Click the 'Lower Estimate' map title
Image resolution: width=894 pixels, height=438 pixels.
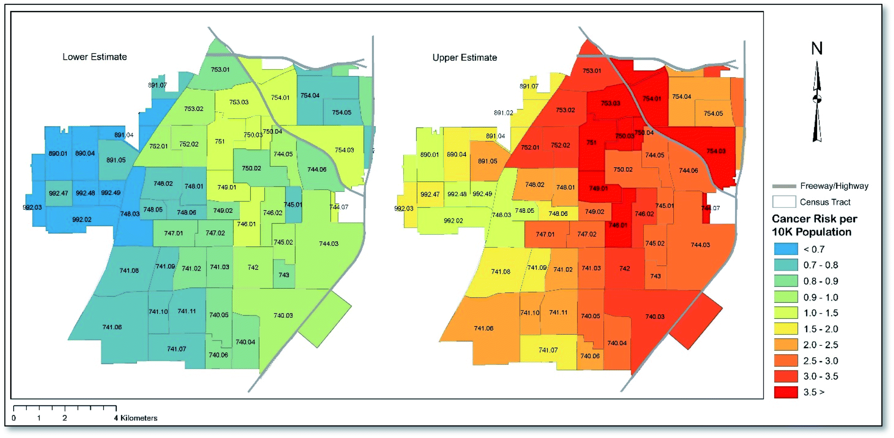[x=94, y=57]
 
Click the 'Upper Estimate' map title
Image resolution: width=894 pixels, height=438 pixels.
[x=465, y=57]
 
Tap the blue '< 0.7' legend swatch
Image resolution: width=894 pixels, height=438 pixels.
[x=786, y=249]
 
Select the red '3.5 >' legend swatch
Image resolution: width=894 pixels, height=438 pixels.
[x=786, y=392]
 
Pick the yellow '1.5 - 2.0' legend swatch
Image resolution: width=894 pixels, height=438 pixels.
[x=786, y=329]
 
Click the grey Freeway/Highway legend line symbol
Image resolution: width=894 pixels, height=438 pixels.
[x=784, y=186]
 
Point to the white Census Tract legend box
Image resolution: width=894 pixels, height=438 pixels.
[x=784, y=202]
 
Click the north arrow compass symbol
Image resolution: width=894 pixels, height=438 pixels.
[x=817, y=101]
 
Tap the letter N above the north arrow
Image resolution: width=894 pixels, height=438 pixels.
[x=817, y=48]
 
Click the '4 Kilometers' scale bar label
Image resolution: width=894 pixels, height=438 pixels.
[x=136, y=418]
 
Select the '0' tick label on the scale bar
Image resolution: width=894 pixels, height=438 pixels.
[x=14, y=418]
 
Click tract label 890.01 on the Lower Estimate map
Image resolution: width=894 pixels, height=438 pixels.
[x=58, y=154]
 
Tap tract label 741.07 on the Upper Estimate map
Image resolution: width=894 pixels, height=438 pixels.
[x=548, y=350]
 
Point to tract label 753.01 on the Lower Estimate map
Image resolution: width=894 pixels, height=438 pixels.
[x=220, y=69]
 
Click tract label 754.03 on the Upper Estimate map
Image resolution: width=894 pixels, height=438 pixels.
[x=716, y=151]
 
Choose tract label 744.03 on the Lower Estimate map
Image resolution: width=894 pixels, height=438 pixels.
[x=329, y=244]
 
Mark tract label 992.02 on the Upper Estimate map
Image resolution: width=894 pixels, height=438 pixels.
[x=453, y=221]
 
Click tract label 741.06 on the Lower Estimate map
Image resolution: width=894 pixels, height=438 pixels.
[x=112, y=327]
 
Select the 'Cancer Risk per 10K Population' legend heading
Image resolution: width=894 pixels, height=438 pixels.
[x=814, y=225]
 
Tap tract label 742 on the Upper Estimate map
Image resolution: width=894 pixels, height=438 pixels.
[x=625, y=268]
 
